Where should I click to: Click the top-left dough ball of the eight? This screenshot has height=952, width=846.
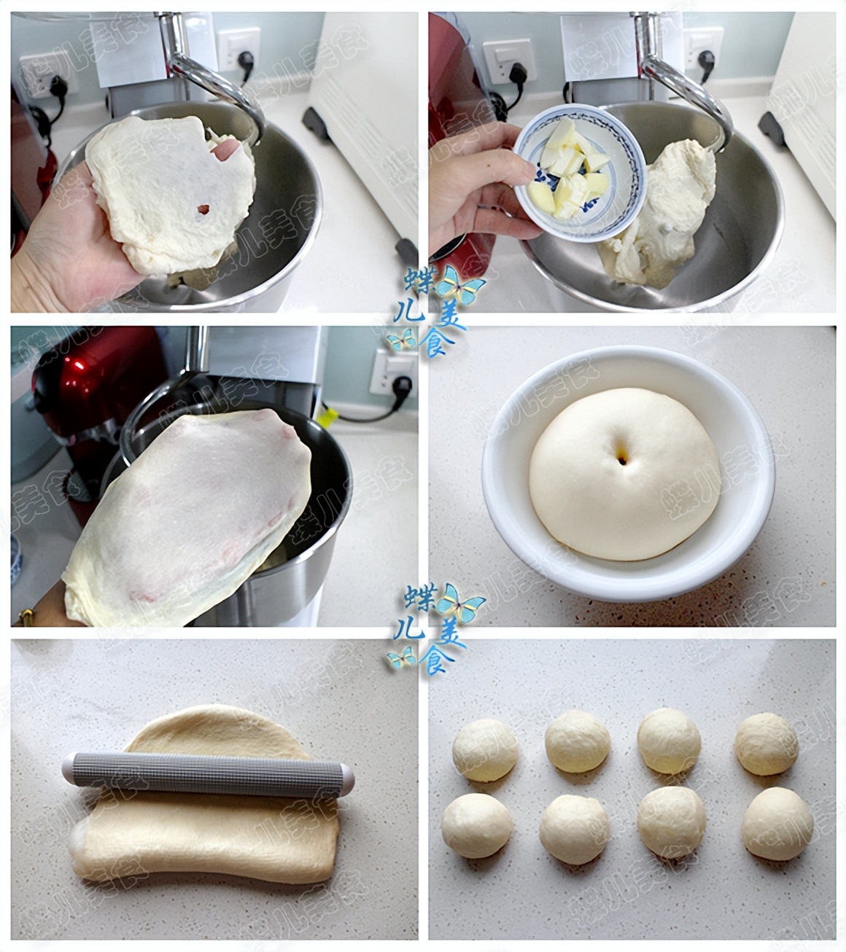[485, 750]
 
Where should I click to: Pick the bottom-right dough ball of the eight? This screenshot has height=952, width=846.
[777, 824]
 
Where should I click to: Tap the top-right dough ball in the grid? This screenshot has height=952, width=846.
[767, 744]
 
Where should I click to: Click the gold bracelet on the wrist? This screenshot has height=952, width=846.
[23, 617]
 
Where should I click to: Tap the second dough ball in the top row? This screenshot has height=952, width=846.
[578, 742]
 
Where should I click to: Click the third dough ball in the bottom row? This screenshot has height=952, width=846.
[671, 822]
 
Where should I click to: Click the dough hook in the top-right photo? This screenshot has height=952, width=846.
[689, 80]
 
